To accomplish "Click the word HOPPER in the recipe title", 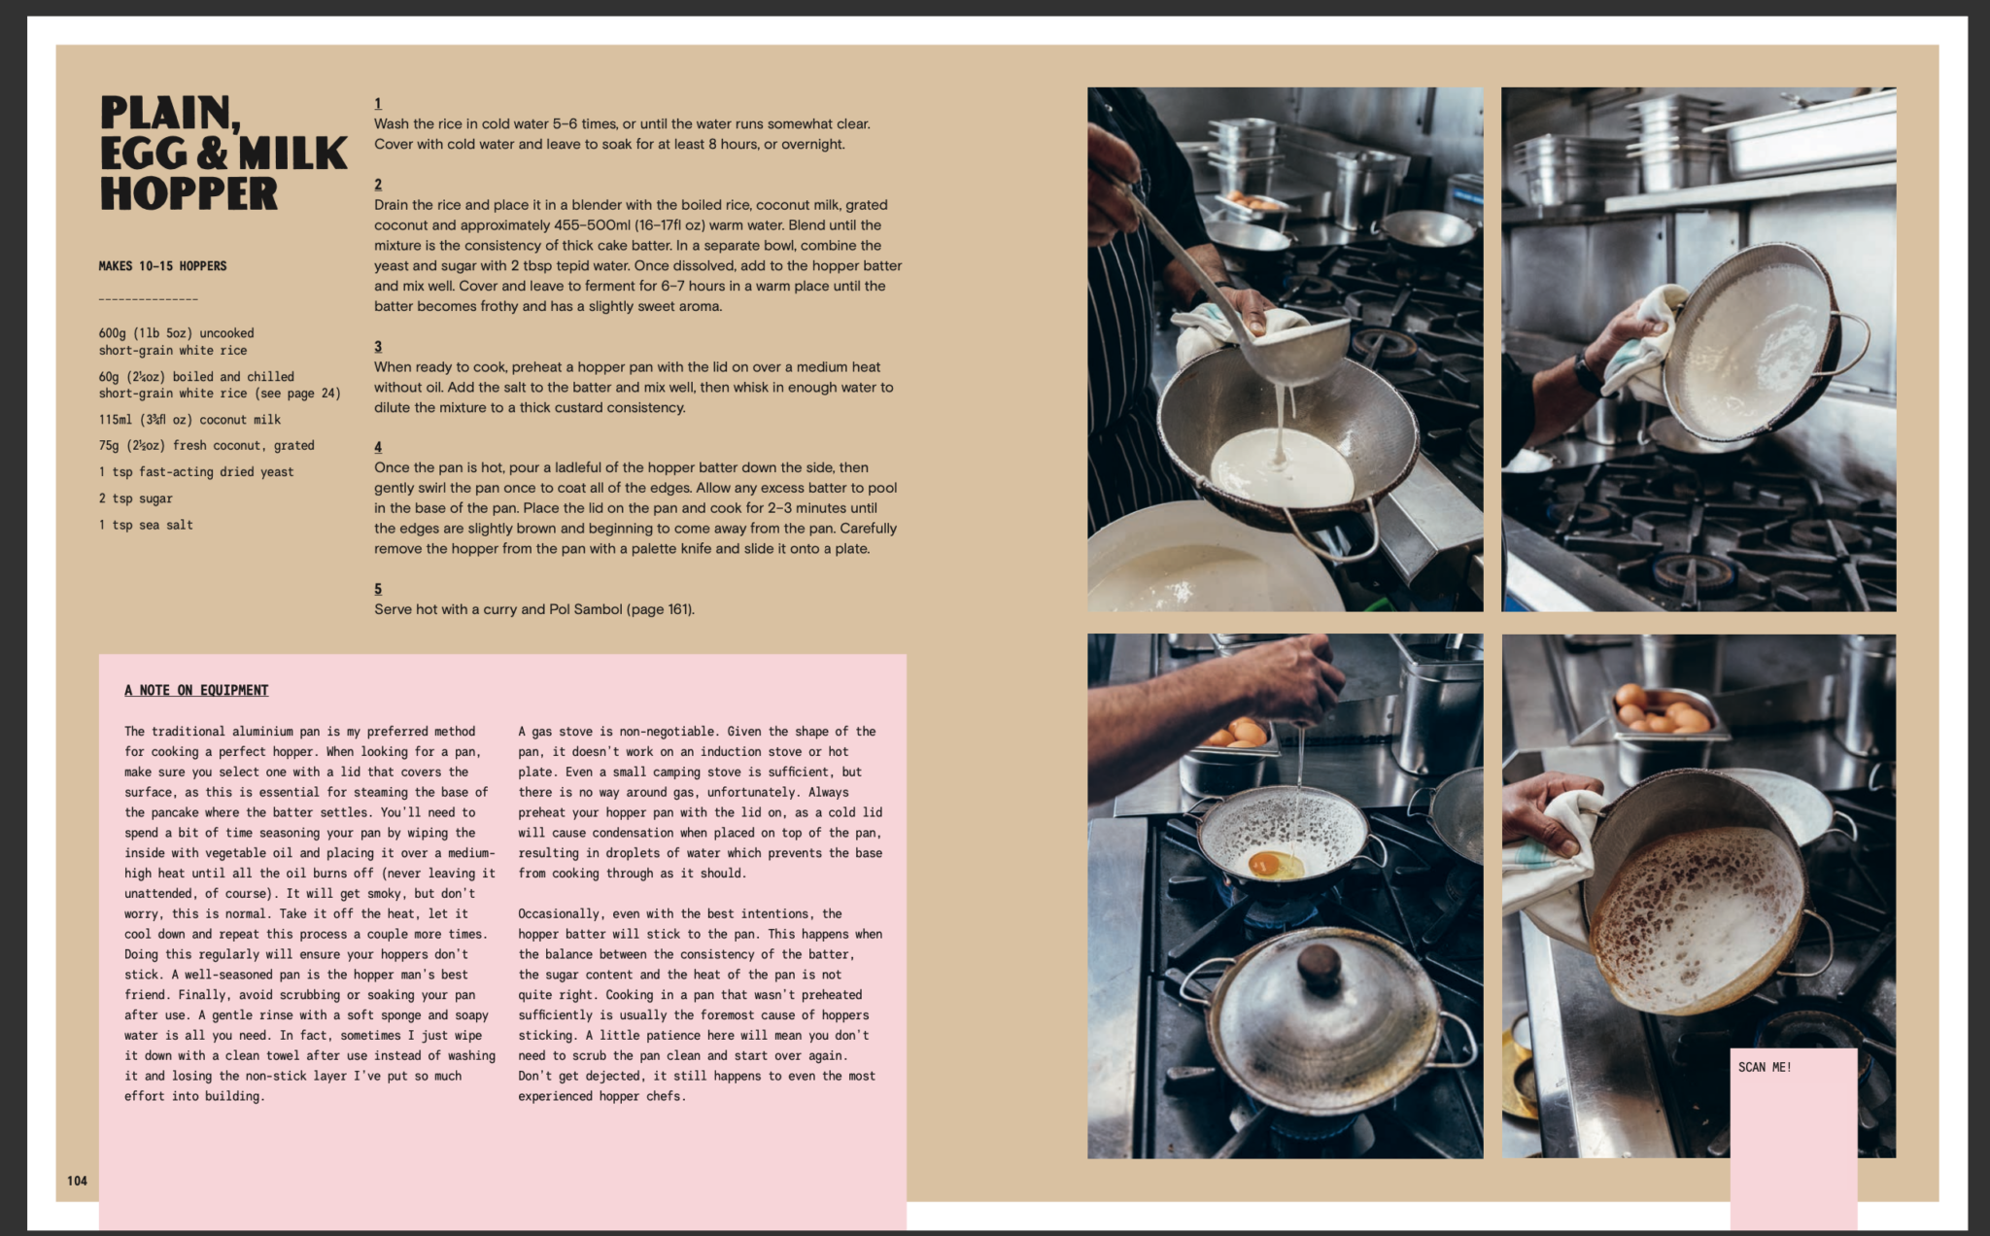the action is click(189, 193).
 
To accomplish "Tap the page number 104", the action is click(77, 1181).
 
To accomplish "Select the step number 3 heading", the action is click(378, 347).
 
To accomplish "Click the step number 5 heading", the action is click(378, 589).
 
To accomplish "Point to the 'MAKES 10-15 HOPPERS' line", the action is click(162, 266).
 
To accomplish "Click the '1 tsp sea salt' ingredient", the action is click(146, 525).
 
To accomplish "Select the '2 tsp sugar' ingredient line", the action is click(135, 498).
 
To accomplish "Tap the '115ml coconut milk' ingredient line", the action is click(189, 420).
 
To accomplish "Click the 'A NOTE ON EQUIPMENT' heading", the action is click(196, 690).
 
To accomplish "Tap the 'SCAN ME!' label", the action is click(1765, 1067).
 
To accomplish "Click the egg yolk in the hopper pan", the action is click(1264, 862).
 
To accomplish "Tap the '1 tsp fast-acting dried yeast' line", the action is click(196, 472).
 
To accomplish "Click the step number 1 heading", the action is click(378, 104).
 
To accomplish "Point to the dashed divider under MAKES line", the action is click(148, 299).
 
